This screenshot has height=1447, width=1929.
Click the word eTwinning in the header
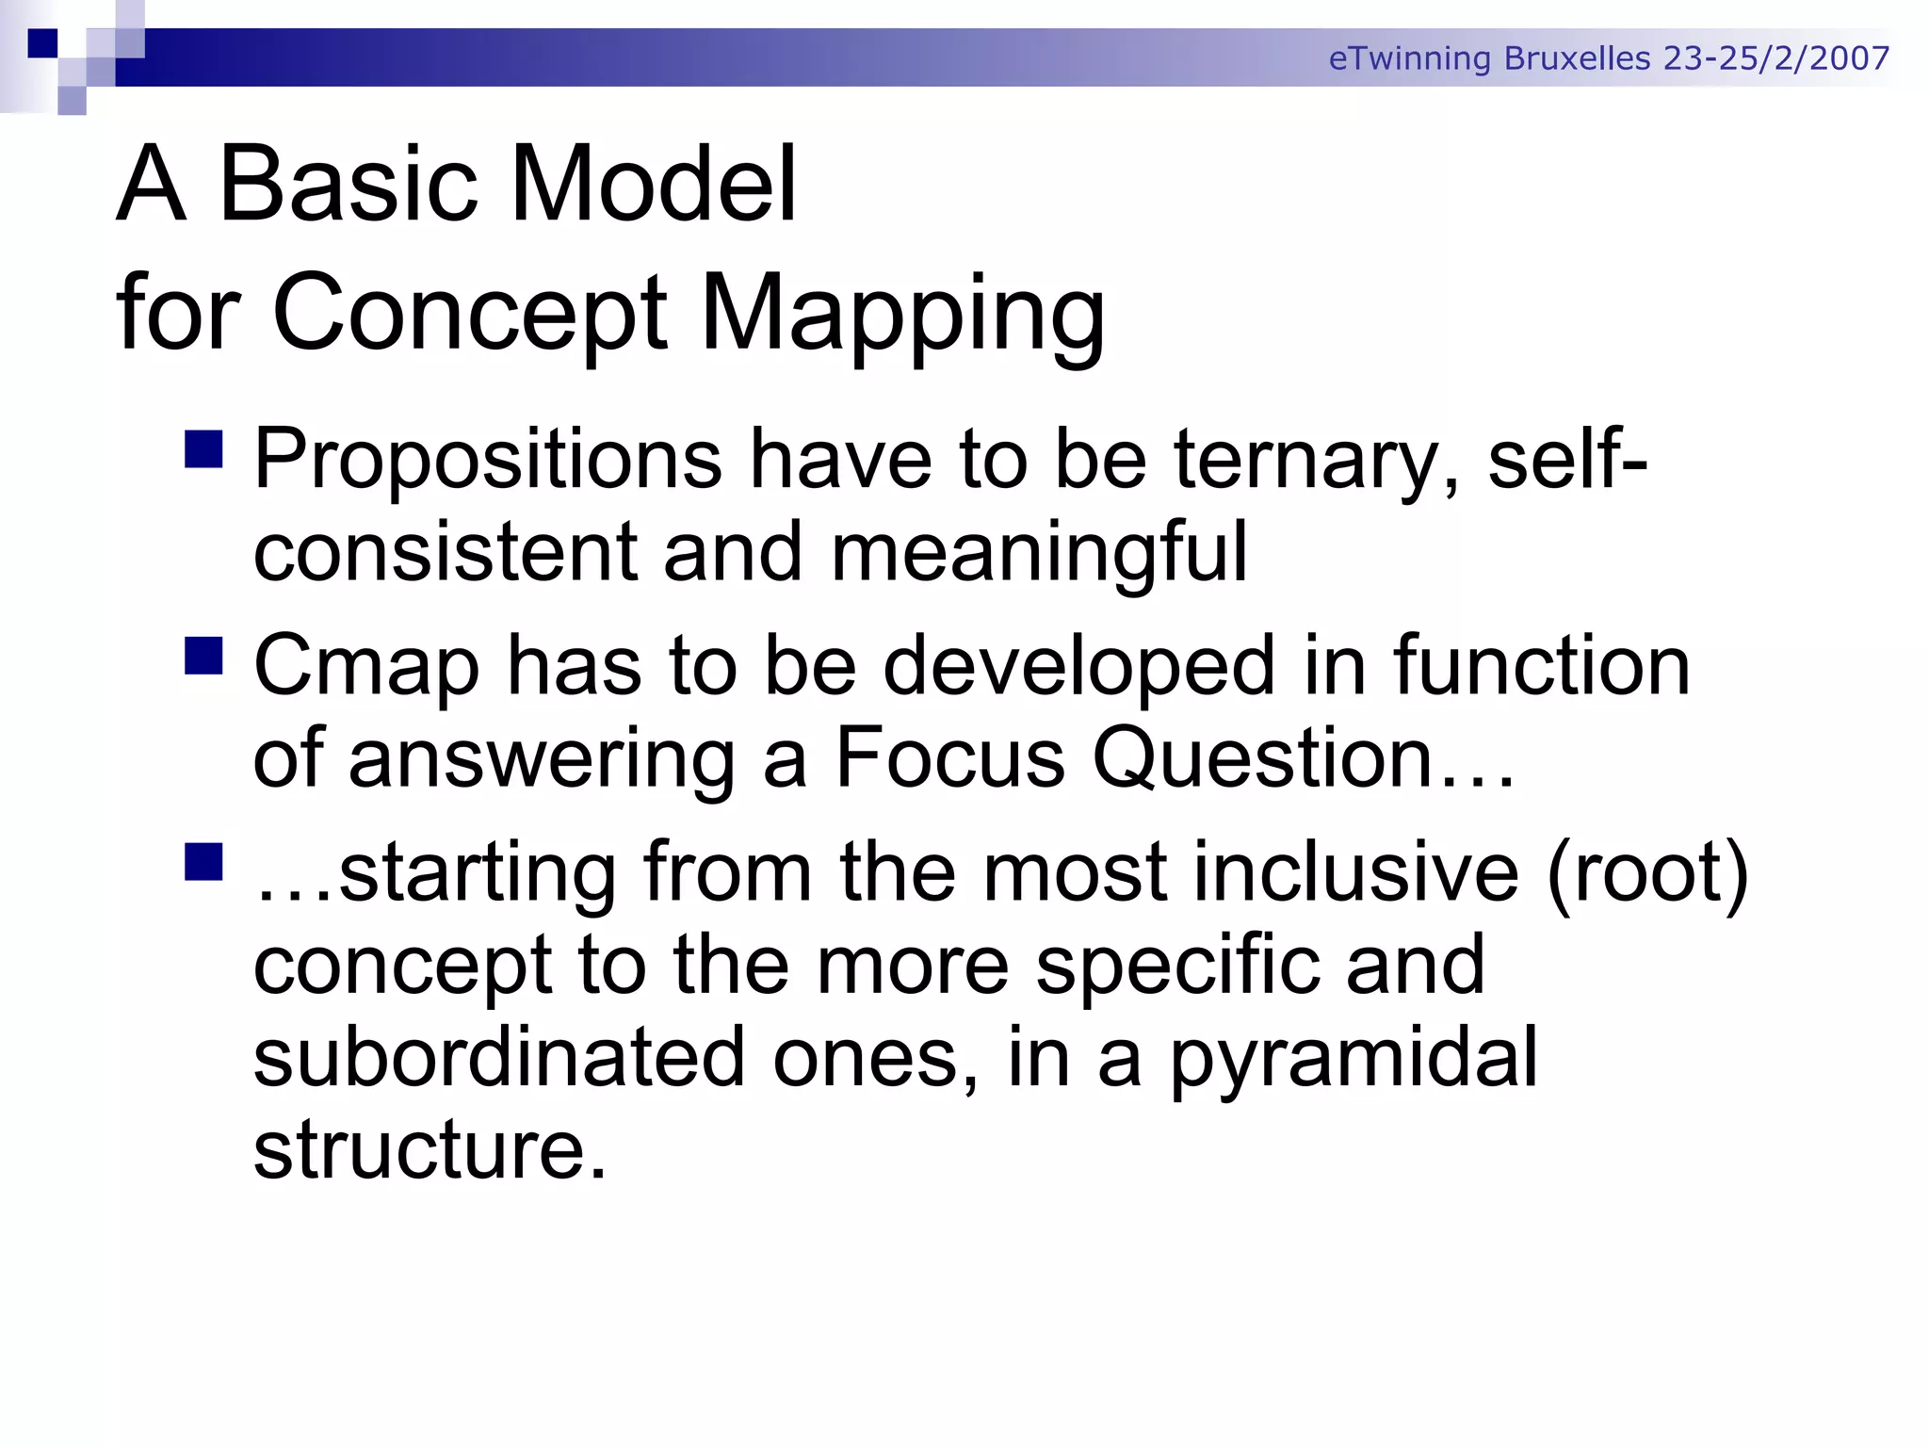pyautogui.click(x=1410, y=58)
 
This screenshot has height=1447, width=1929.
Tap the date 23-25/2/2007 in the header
pyautogui.click(x=1776, y=58)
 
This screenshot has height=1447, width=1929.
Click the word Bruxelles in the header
pyautogui.click(x=1578, y=58)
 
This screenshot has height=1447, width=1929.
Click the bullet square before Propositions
pyautogui.click(x=203, y=450)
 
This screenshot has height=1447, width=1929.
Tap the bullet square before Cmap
pyautogui.click(x=203, y=657)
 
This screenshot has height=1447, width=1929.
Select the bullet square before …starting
pyautogui.click(x=203, y=862)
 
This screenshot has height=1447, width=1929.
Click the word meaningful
pyautogui.click(x=1039, y=553)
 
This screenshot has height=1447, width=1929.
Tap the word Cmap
pyautogui.click(x=366, y=667)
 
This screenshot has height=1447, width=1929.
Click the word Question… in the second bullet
pyautogui.click(x=1304, y=759)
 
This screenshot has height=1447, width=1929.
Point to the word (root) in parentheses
pyautogui.click(x=1648, y=873)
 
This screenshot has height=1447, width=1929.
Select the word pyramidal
pyautogui.click(x=1354, y=1059)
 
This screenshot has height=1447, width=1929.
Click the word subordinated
pyautogui.click(x=499, y=1057)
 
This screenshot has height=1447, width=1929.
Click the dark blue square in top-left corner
pyautogui.click(x=42, y=43)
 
